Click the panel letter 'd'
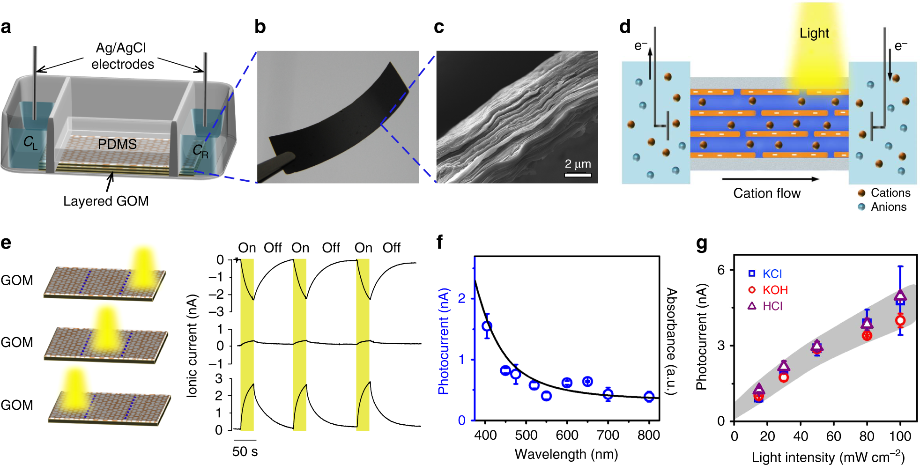(625, 27)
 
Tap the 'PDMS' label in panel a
(117, 144)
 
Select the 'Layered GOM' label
(106, 201)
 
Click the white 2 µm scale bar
(578, 175)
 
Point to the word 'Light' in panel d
(814, 33)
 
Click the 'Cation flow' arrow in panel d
(770, 179)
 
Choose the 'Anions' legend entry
(888, 207)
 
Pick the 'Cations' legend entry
(890, 193)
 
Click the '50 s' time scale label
(245, 452)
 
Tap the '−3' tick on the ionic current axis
(216, 312)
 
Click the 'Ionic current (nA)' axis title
(192, 346)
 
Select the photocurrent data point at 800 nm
(649, 397)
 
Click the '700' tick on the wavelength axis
(608, 435)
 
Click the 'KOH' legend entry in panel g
(775, 290)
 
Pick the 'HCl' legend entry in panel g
(772, 306)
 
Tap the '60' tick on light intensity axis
(833, 436)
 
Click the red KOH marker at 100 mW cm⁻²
(900, 321)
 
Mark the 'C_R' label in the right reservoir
(200, 151)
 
